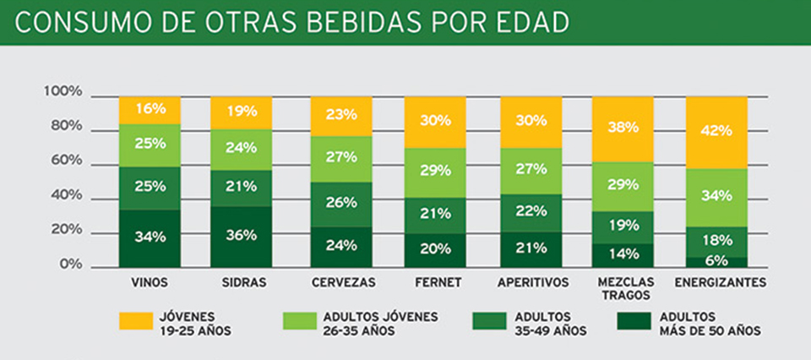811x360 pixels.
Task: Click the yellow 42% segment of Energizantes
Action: tap(716, 132)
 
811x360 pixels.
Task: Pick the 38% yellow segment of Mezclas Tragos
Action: tap(622, 128)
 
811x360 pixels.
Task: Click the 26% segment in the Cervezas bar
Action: tap(340, 204)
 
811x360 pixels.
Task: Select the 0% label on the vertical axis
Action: tap(70, 265)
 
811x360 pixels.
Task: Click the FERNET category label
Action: tap(435, 281)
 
